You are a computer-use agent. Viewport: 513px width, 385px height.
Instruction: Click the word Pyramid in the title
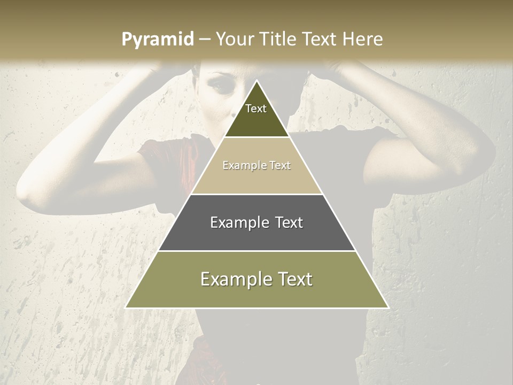[157, 40]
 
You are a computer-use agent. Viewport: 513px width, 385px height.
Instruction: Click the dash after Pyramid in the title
[205, 40]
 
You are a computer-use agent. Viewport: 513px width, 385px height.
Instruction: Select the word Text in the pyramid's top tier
[256, 109]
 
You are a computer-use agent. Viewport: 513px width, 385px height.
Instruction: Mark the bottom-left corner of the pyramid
[126, 307]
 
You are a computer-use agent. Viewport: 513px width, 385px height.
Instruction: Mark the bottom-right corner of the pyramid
[388, 307]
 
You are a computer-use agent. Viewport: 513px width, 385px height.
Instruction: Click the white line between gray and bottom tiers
[256, 251]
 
